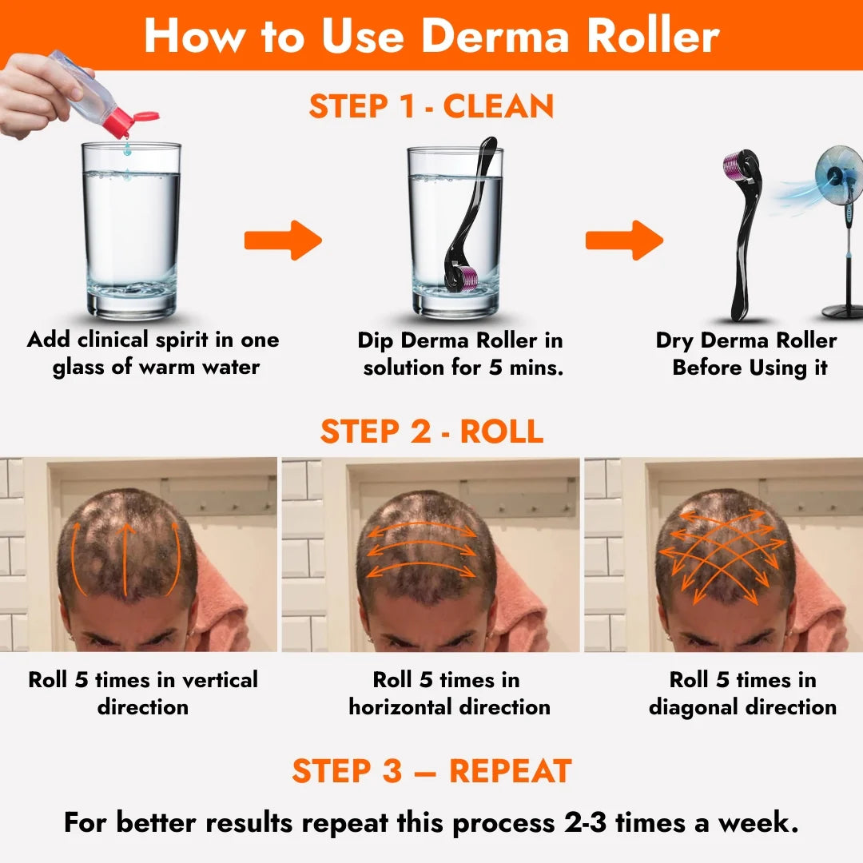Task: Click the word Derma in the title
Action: click(x=495, y=36)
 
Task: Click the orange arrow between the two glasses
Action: click(x=283, y=240)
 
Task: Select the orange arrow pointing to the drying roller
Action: click(x=624, y=240)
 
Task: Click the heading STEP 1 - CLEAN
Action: click(x=431, y=106)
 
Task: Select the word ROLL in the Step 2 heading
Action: click(x=501, y=431)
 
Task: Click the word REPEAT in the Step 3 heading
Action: click(x=510, y=770)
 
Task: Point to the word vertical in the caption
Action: click(x=220, y=680)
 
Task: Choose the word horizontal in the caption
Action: click(x=400, y=706)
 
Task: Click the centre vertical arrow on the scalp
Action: click(x=126, y=559)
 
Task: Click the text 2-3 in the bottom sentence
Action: click(x=586, y=823)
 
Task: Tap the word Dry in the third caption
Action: click(x=674, y=341)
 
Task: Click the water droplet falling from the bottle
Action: click(x=127, y=148)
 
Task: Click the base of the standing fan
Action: click(x=843, y=311)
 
